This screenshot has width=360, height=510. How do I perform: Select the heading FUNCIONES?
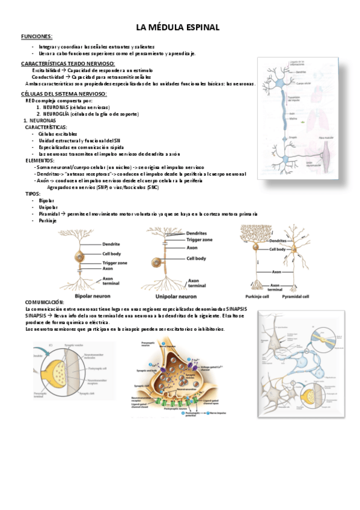click(37, 37)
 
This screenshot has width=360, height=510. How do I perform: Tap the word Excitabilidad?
click(47, 70)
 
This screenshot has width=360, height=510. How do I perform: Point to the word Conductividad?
click(47, 77)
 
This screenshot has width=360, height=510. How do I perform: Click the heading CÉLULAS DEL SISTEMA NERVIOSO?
click(64, 94)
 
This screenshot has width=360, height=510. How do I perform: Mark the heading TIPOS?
click(33, 194)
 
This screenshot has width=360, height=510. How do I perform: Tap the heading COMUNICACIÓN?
click(44, 301)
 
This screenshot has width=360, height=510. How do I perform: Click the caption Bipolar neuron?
click(94, 296)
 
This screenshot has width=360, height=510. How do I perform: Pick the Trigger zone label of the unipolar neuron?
click(200, 239)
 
